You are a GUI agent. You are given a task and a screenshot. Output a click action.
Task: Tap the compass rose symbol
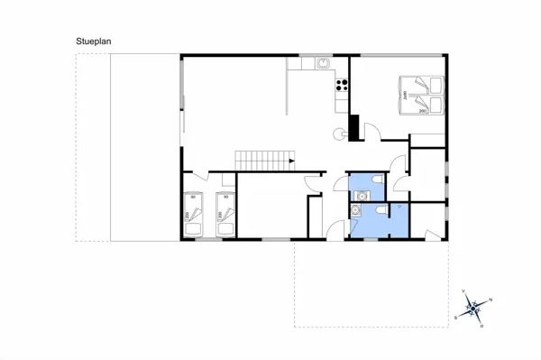pos(473,308)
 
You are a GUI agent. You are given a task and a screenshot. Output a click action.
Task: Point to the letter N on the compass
pos(490,300)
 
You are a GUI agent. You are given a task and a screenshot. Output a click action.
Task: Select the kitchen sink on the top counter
pos(322,62)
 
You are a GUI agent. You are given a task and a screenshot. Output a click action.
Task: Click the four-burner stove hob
pos(342,87)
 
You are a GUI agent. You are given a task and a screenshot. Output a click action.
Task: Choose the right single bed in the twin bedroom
pos(225,215)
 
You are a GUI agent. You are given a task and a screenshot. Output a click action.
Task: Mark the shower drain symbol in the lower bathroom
pos(399,208)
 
